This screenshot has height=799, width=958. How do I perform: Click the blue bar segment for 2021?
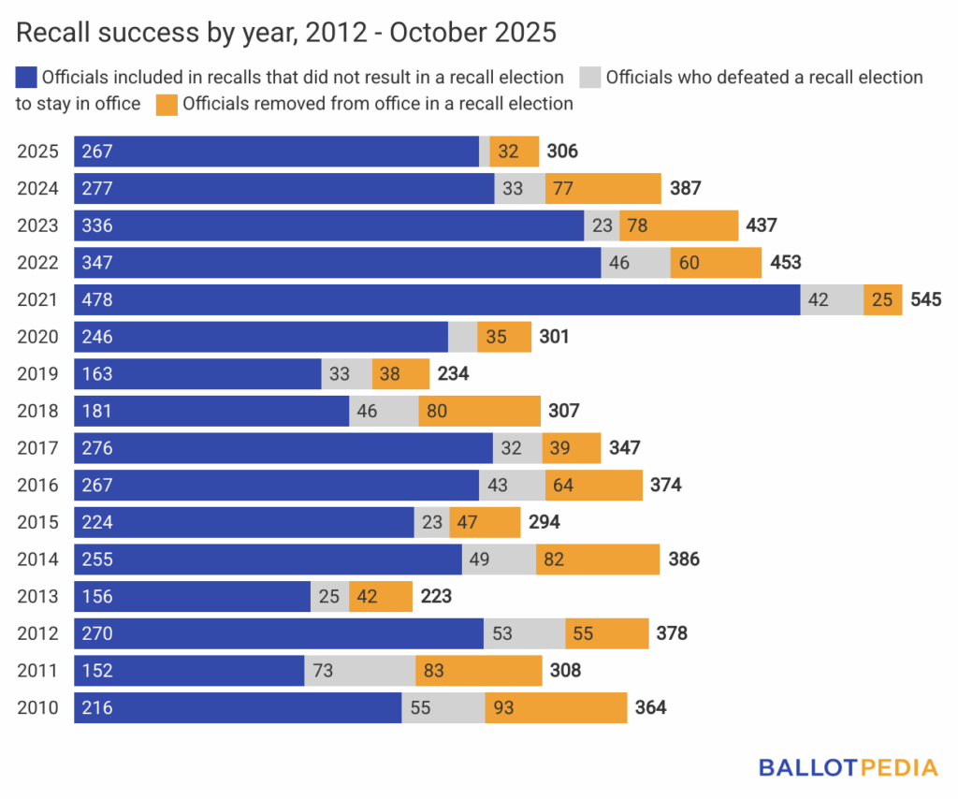tap(437, 299)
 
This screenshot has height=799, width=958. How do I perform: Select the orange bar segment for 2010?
tap(556, 708)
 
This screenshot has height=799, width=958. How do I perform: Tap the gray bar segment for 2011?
tap(360, 671)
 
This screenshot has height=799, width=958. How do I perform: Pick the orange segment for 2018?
tap(479, 411)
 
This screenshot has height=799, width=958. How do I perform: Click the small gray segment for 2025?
tap(485, 152)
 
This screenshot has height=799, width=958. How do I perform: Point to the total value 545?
tap(926, 299)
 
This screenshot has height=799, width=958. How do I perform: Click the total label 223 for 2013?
tap(436, 596)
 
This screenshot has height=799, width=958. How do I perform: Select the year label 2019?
tap(37, 374)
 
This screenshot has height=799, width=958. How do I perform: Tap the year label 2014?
tap(37, 559)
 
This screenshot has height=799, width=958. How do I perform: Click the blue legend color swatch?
tap(26, 77)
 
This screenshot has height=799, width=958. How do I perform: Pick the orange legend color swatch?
tap(167, 103)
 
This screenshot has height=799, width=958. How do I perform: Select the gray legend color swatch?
tap(590, 77)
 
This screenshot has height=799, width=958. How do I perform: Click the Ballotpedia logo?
tap(848, 768)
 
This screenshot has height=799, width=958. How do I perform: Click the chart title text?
tap(286, 33)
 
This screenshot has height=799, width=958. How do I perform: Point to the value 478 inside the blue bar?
tap(97, 299)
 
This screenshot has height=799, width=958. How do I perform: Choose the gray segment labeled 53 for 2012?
tap(524, 633)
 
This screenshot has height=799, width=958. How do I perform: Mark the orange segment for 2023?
tap(678, 225)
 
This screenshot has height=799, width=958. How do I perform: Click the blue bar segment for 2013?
tap(192, 596)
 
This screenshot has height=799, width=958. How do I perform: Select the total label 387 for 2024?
tap(686, 188)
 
